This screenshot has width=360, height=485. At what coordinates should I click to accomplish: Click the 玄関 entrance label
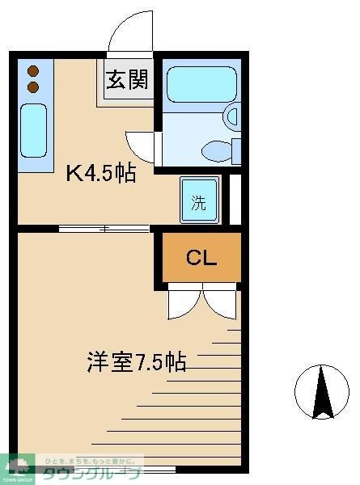tap(125, 82)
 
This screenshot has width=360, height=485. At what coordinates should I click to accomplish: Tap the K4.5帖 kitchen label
tap(100, 173)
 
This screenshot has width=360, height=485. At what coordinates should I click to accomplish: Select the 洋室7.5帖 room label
tap(137, 361)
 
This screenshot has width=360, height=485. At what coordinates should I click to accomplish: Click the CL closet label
tap(201, 258)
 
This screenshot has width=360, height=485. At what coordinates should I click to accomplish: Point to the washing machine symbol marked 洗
tap(199, 203)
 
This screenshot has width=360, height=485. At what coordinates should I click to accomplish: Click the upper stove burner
tap(33, 70)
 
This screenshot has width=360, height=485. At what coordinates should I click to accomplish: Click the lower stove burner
tap(33, 86)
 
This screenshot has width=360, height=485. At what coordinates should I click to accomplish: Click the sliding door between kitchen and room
tap(105, 229)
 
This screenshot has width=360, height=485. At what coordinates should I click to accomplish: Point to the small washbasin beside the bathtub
tap(234, 117)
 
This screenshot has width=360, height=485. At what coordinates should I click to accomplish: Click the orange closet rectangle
tap(201, 258)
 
